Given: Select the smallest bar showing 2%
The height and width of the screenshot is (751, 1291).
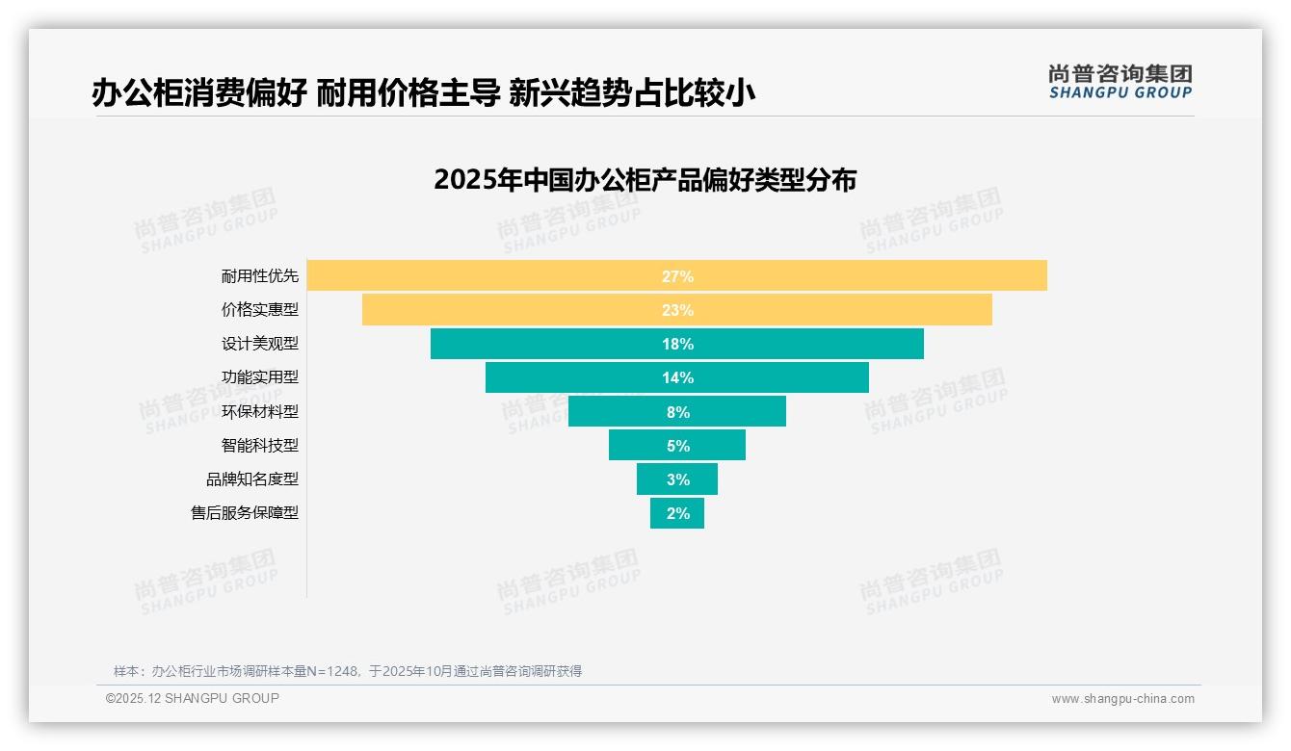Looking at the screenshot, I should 677,513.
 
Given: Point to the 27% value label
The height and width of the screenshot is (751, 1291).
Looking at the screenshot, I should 677,276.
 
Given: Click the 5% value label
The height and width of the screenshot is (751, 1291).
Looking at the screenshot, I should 677,446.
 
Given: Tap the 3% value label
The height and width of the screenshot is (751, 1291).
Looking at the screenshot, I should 677,479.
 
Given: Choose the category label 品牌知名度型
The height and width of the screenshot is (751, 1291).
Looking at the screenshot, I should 252,479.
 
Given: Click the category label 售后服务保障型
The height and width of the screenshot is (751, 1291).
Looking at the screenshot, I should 245,513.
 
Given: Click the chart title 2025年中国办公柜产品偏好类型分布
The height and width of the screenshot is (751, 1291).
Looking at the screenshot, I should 645,180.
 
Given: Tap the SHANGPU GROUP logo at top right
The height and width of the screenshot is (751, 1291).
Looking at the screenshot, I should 1120,82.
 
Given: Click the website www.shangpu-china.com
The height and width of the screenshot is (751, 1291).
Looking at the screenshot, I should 1122,699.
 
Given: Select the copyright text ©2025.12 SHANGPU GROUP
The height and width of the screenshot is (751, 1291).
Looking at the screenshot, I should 193,698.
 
